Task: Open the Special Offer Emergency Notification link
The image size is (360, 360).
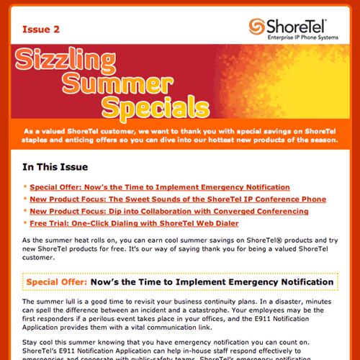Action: coord(160,187)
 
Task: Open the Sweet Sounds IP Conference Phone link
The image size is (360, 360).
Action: coord(178,199)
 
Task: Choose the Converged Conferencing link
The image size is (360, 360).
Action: coord(169,212)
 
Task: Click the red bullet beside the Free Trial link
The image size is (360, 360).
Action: coord(25,225)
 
